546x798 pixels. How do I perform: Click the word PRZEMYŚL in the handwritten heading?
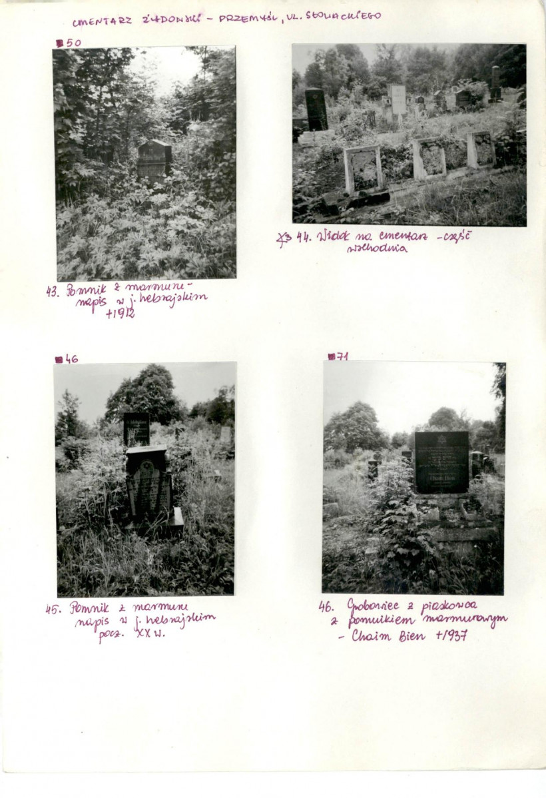[x=248, y=18]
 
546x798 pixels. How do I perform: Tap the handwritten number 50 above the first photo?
[x=73, y=43]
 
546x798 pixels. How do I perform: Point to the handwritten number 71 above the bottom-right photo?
[x=341, y=356]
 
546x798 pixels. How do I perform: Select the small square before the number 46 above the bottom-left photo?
[x=59, y=360]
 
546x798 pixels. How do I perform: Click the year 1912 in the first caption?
[x=121, y=312]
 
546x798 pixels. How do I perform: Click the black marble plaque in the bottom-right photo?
[x=441, y=461]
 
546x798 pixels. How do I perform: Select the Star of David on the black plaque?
[x=441, y=439]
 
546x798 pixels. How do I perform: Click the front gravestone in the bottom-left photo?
[x=148, y=483]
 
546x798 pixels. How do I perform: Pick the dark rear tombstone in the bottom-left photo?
[x=136, y=429]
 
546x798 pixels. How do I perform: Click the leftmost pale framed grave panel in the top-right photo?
[x=363, y=169]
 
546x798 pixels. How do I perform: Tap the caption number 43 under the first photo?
[x=52, y=291]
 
